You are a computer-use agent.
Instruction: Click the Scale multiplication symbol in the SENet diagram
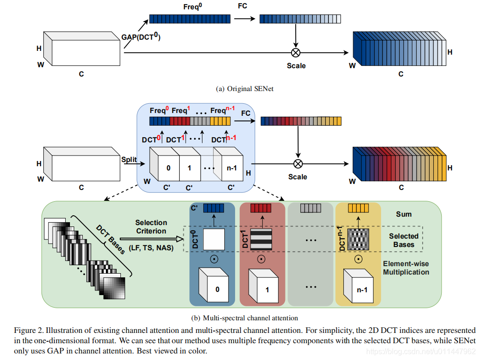point(295,52)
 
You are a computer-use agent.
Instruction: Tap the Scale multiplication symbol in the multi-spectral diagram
point(298,163)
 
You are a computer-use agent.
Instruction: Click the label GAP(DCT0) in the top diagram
point(141,38)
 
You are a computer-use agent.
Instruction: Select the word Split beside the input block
point(129,160)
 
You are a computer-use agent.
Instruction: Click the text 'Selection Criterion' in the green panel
point(151,227)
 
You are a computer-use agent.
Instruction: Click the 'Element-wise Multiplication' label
point(406,268)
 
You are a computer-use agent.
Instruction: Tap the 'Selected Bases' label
point(403,240)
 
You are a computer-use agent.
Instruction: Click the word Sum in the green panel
point(403,214)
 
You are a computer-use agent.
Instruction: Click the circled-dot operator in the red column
point(261,259)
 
